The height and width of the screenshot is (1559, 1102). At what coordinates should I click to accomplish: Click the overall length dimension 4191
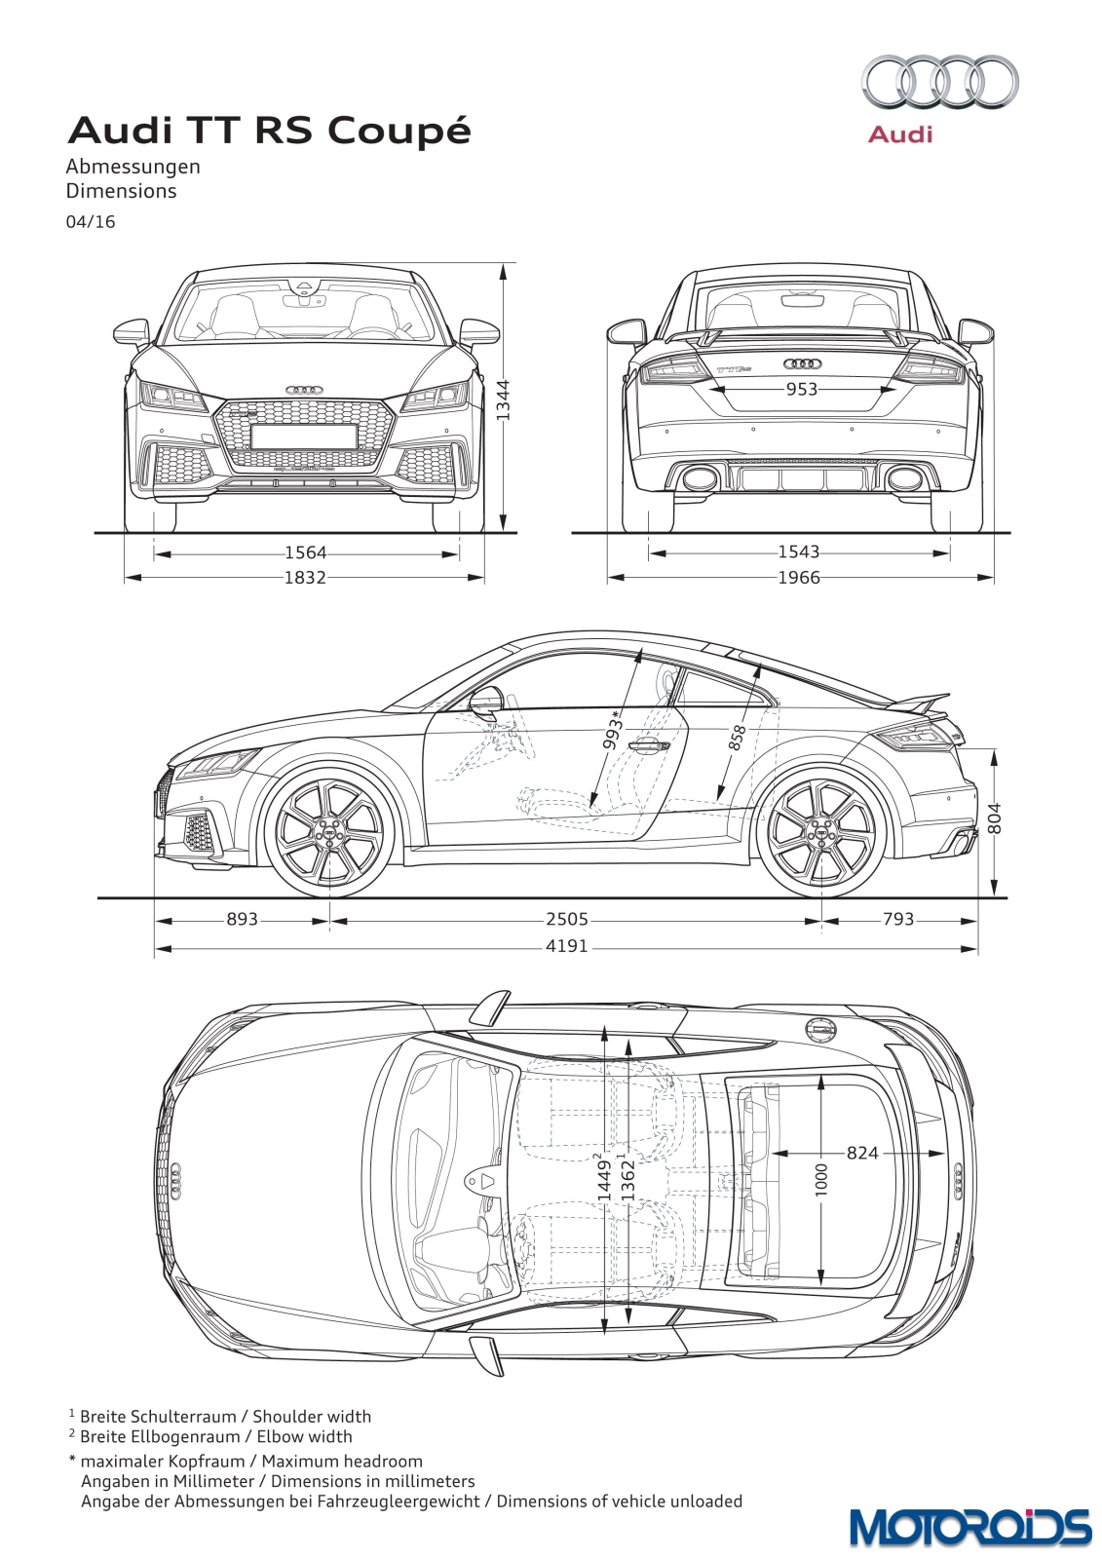coord(567,946)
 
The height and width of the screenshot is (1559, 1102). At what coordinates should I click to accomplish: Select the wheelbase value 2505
coord(567,920)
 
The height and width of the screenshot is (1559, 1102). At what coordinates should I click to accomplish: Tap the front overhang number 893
coord(243,920)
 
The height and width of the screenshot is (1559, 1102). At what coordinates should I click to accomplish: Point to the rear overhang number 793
coord(898,920)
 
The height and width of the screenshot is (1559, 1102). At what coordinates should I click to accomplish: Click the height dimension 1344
coord(504,400)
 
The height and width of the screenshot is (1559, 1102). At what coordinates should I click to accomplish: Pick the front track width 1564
coord(306,553)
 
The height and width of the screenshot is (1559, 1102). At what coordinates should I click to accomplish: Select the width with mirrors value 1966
coord(799,578)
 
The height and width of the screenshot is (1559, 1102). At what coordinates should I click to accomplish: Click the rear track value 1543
coord(799,552)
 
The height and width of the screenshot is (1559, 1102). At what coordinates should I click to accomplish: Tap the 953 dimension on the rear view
coord(801,389)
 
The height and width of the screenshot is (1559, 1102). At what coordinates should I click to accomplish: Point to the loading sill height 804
coord(995,819)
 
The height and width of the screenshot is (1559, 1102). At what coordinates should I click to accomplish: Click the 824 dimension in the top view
coord(862,1154)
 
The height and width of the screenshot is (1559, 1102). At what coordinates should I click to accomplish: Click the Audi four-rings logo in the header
coord(940,85)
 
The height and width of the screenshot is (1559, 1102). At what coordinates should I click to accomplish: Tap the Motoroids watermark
coord(969,1528)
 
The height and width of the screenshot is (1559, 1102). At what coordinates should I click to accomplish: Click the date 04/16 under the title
coord(91,222)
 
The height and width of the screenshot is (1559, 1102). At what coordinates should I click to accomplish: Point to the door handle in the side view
coord(648,746)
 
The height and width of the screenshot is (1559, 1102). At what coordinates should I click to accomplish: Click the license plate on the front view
coord(304,437)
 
